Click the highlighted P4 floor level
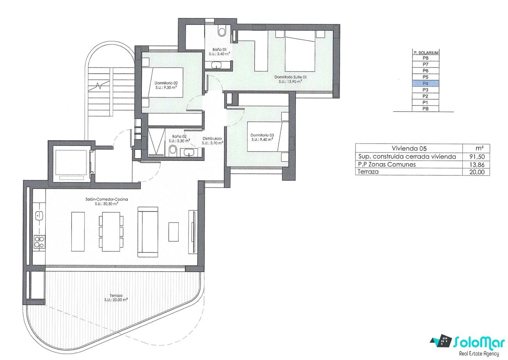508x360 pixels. coord(425,84)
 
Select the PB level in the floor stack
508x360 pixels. coord(425,109)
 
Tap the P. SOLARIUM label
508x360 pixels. coord(426,53)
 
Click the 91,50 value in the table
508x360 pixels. coord(477,157)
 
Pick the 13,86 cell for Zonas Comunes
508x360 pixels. coord(477,164)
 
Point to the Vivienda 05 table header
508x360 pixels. coord(409,148)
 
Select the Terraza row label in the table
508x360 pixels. coord(368,172)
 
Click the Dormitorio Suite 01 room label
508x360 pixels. coord(290,77)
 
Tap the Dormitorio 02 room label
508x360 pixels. coord(166,83)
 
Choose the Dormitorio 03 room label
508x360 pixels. coord(262,135)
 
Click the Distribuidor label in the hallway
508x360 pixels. coord(212,139)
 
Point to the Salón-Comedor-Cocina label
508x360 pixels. coord(107,200)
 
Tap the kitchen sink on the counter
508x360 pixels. coord(39,215)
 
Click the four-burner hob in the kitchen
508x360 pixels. coord(39,242)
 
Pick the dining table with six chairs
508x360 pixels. coord(111,232)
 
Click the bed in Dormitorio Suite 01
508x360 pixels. coord(300,51)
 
